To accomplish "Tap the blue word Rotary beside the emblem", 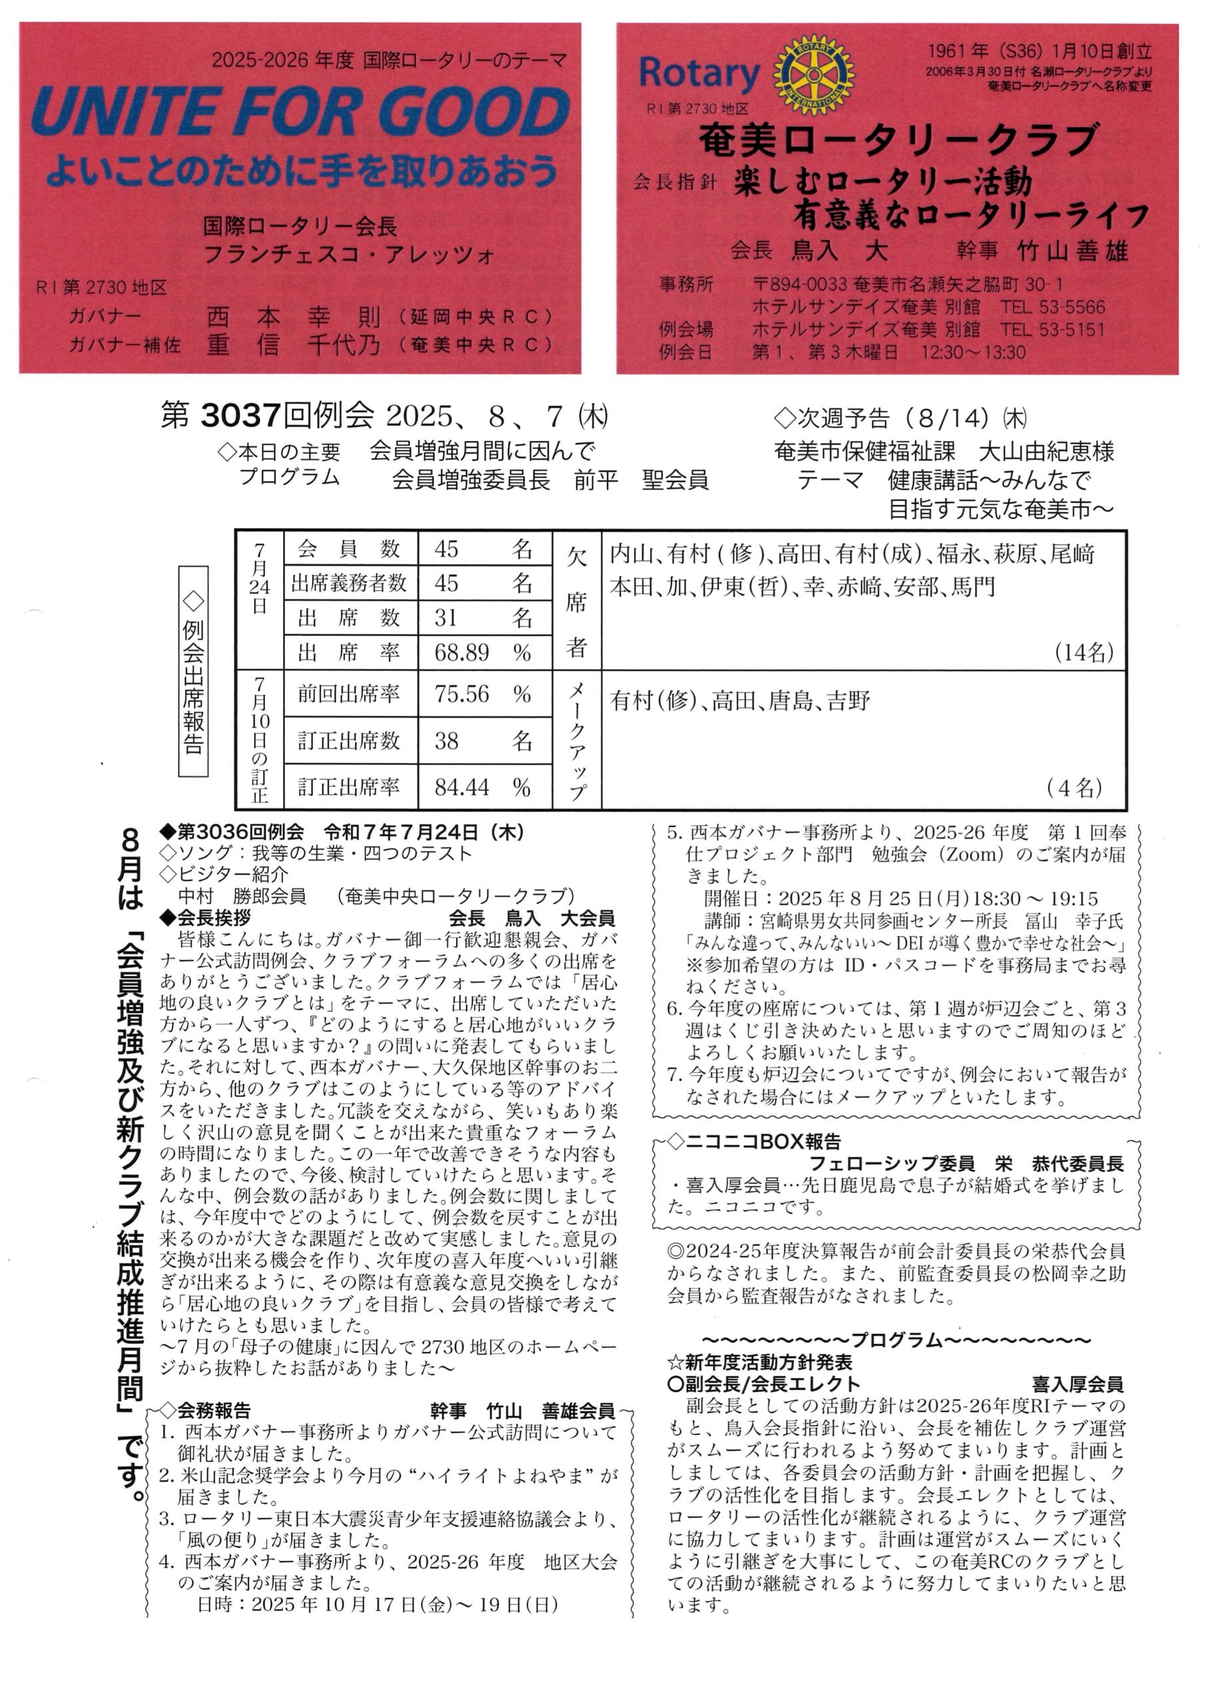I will (x=699, y=73).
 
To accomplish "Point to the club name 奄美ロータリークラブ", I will (x=897, y=140).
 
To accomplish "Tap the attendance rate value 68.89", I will (x=461, y=653).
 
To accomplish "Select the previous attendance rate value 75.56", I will (x=461, y=694).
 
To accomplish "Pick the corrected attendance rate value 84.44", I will (x=461, y=787).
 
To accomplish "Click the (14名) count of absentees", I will (x=1084, y=653).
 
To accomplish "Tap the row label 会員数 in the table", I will (x=348, y=550).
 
